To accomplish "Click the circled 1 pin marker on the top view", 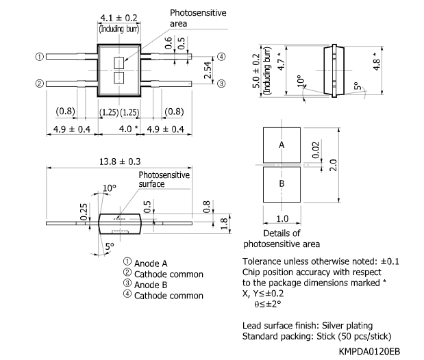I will (40, 57).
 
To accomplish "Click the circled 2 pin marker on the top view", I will (40, 83).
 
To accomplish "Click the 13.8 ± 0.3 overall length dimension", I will (119, 162).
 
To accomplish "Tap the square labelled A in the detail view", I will (282, 145).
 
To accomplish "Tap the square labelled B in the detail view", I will (282, 185).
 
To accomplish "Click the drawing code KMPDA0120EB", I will (371, 350).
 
